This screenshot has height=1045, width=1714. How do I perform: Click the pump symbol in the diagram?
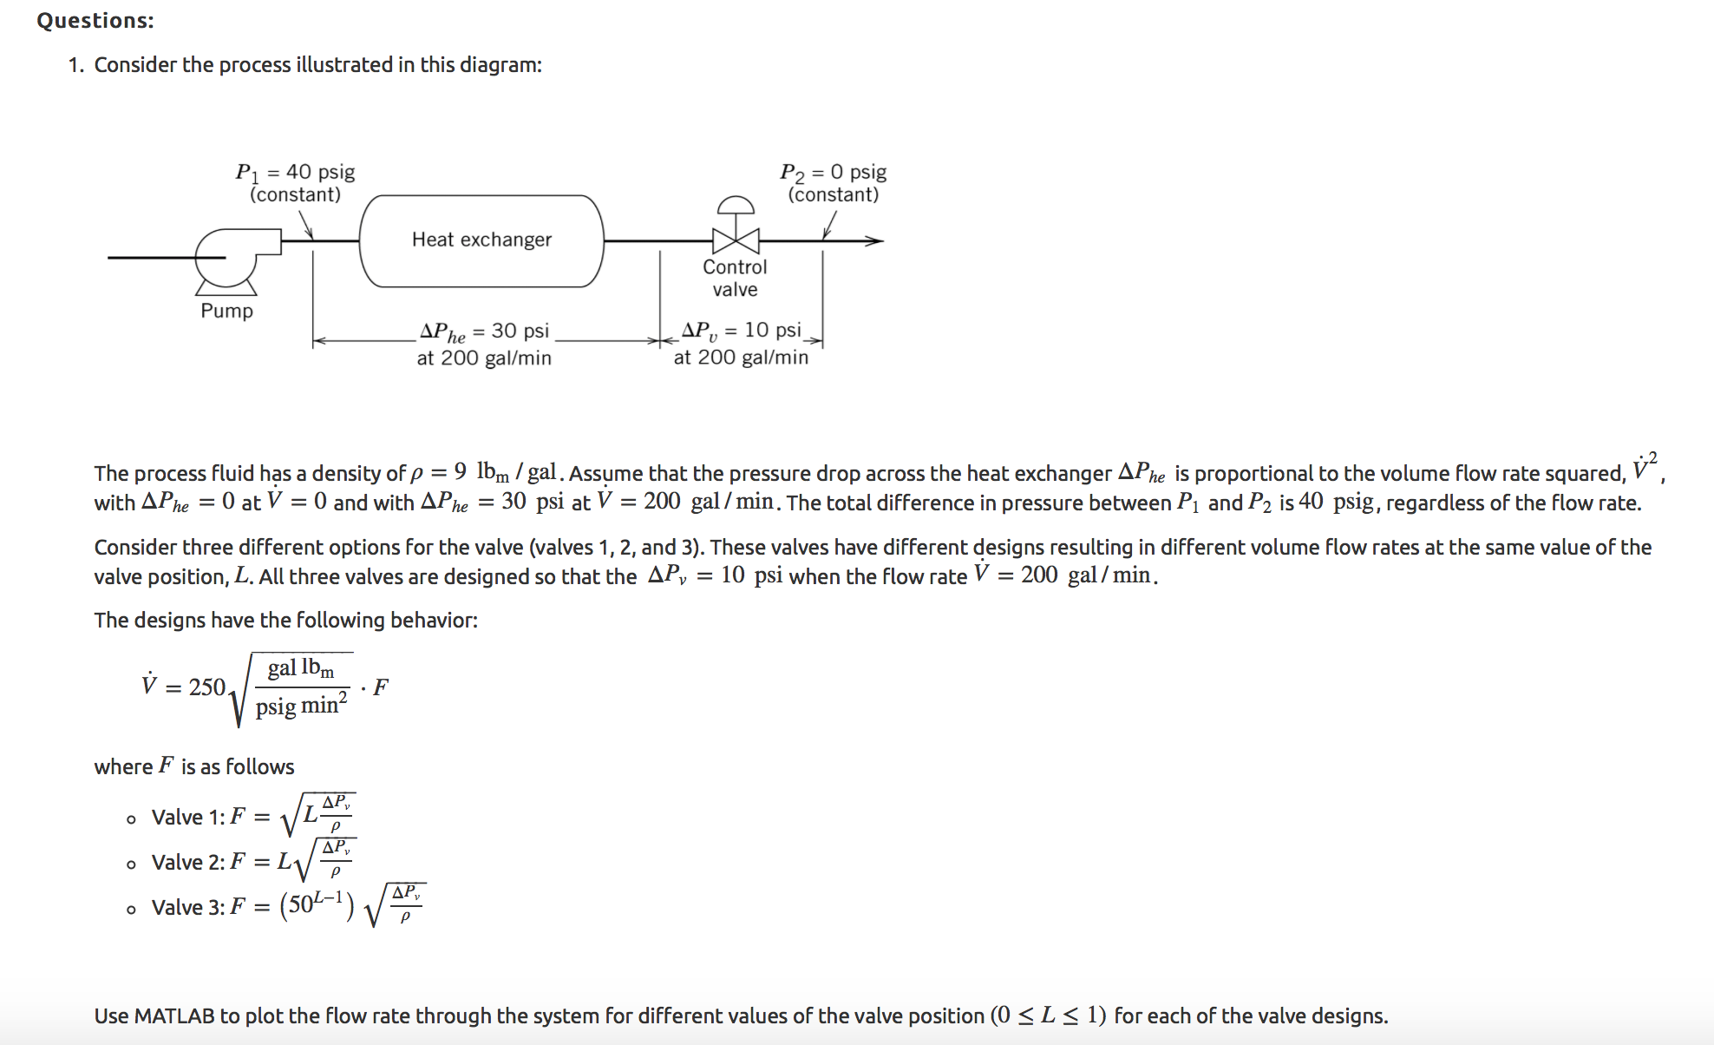pos(226,257)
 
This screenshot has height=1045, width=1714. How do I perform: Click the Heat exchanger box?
pos(481,240)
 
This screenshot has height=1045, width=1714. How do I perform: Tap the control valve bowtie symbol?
pos(736,240)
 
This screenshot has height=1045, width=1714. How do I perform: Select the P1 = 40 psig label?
pos(295,172)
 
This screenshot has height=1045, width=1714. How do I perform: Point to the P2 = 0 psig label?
pos(833,172)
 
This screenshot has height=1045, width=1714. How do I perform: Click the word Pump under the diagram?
pos(226,311)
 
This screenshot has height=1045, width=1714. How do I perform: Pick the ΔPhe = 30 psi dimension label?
pos(484,332)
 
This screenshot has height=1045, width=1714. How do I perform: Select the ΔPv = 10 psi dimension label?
pos(741,331)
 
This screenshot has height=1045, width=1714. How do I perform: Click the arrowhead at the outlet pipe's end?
pos(875,240)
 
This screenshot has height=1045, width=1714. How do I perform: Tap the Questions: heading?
pos(95,21)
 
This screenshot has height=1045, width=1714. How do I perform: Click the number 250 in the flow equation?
pos(207,687)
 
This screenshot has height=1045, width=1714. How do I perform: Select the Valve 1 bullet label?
pos(187,818)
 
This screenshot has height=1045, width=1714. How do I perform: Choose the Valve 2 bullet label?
pos(187,863)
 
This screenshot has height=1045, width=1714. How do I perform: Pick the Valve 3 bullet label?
pos(187,908)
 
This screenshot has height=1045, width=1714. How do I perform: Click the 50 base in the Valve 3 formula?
pos(300,905)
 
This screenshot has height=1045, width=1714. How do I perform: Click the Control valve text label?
pos(735,278)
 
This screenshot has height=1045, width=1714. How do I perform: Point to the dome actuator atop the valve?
pos(736,205)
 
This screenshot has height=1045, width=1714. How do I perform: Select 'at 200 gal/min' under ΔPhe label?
pos(484,358)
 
